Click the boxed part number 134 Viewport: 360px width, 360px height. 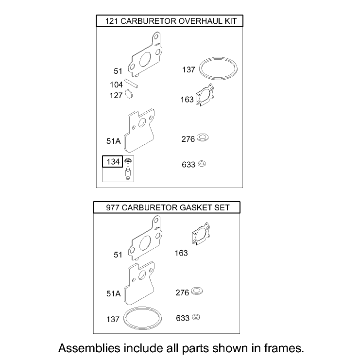pyautogui.click(x=113, y=162)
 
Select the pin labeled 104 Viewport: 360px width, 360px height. pyautogui.click(x=131, y=84)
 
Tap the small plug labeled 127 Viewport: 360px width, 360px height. pyautogui.click(x=129, y=94)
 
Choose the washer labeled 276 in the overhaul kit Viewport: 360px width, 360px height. pyautogui.click(x=203, y=137)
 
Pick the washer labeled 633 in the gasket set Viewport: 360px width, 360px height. pyautogui.click(x=196, y=317)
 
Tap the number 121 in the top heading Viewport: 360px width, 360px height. pyautogui.click(x=111, y=21)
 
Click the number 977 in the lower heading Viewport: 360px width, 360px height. pyautogui.click(x=113, y=207)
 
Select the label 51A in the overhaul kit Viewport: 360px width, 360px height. pyautogui.click(x=113, y=141)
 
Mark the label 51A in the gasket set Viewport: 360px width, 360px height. pyautogui.click(x=113, y=293)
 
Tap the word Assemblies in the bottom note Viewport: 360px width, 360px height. pyautogui.click(x=89, y=348)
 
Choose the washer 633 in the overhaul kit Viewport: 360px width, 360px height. pyautogui.click(x=202, y=164)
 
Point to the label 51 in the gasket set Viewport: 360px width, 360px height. pyautogui.click(x=118, y=255)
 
